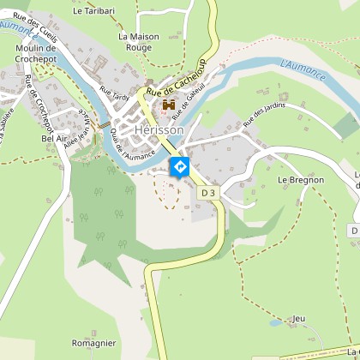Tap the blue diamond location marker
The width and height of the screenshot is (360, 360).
coord(180,166)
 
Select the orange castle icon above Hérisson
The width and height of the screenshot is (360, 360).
coord(169,105)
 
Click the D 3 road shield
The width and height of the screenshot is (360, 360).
coord(208,194)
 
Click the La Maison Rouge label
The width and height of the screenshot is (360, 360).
coord(138,43)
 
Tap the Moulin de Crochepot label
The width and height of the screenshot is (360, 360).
coord(35,54)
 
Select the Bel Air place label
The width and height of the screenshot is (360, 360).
coord(54,137)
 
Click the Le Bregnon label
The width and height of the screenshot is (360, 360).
coord(301,180)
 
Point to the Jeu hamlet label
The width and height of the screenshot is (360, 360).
coord(298,318)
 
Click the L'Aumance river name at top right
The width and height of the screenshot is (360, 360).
coord(303,70)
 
